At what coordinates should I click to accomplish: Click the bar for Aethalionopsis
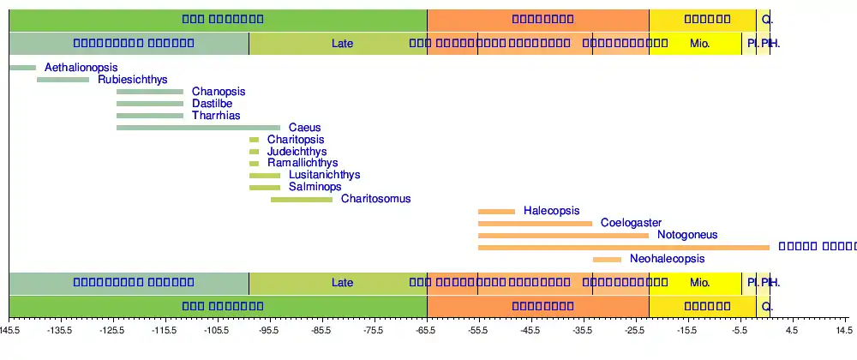[x=23, y=68]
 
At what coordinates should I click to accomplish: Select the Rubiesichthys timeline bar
[x=63, y=80]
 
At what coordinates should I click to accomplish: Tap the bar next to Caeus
[x=198, y=128]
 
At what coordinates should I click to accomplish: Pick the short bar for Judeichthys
[x=254, y=152]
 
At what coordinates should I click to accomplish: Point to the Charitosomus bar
[x=302, y=200]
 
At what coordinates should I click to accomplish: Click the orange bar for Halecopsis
[x=496, y=211]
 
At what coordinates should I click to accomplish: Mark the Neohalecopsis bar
[x=607, y=259]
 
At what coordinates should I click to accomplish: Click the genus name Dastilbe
[x=212, y=104]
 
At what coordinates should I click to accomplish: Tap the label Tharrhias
[x=216, y=116]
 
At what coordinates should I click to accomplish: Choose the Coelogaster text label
[x=631, y=223]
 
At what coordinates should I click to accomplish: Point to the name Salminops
[x=315, y=187]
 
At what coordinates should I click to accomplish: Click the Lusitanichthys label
[x=325, y=175]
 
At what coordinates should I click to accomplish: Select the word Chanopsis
[x=219, y=92]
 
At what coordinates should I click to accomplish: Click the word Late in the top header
[x=342, y=42]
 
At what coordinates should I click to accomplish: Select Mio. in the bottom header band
[x=700, y=282]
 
